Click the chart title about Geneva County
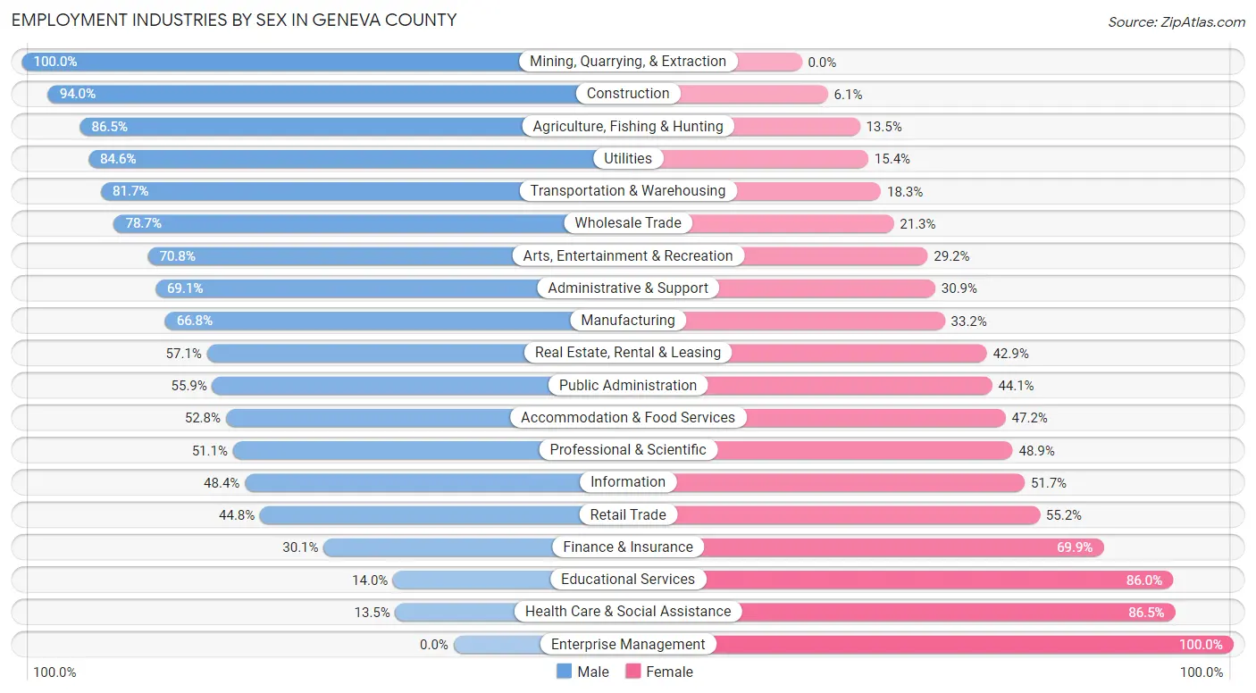pos(234,20)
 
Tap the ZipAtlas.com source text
pos(1176,21)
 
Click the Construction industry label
pos(628,94)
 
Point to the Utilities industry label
pos(628,158)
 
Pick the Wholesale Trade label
pos(628,223)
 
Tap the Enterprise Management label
pos(628,644)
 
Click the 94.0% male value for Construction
pos(78,94)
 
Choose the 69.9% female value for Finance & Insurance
pos(1075,547)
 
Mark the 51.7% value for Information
pos(1048,483)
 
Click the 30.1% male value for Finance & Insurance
pos(300,547)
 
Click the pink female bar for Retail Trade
pos(858,515)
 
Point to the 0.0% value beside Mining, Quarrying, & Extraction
pos(822,63)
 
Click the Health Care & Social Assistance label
pos(628,612)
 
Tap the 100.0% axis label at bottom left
pos(54,672)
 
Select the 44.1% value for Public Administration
pos(1016,386)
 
